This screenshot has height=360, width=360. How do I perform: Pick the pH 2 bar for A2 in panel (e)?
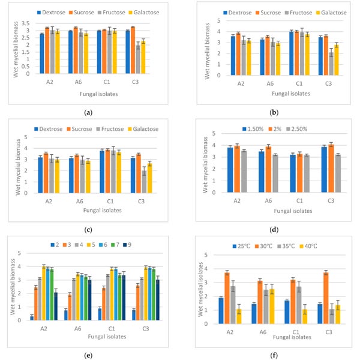(x=49, y=318)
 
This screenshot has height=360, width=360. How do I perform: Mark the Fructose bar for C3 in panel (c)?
(x=143, y=182)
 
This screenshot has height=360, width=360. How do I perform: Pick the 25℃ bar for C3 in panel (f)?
(x=320, y=314)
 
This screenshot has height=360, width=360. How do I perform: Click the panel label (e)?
(x=89, y=355)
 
